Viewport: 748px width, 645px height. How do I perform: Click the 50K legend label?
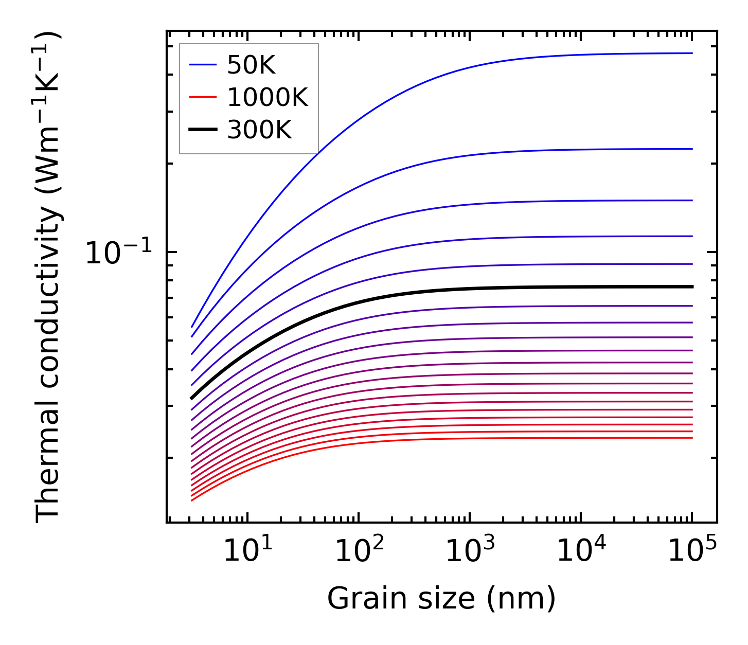(251, 65)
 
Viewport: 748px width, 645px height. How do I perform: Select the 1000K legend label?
(267, 97)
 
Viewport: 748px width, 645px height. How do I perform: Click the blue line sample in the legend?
(203, 65)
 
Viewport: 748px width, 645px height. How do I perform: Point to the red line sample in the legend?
(203, 97)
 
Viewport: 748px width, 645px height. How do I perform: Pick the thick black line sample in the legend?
(203, 130)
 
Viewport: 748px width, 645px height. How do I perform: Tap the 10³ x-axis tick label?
(470, 550)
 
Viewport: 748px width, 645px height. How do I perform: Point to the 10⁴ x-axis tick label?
(581, 550)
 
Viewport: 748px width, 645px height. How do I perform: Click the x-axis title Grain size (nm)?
(441, 599)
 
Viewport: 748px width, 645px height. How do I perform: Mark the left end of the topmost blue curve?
(192, 327)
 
